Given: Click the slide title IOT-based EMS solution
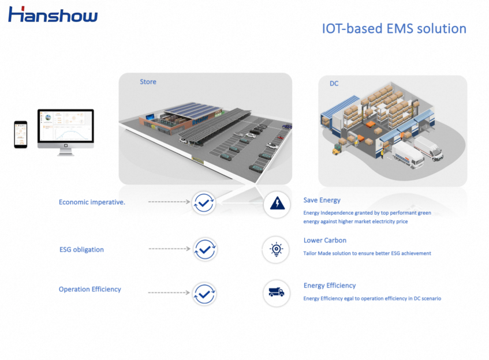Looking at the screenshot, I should pos(394,28).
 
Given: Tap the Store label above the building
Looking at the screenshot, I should pos(148,82).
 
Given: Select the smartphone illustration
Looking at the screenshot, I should pos(21,134).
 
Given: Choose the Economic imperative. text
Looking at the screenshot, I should pos(92,202).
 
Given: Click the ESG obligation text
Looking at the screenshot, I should pos(81,250).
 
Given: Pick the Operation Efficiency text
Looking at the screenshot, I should pos(89,289).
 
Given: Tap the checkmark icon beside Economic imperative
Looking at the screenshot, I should pos(204,202).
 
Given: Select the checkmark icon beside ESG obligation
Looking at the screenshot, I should pos(204,249).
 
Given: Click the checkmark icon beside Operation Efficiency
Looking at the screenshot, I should pos(204,294).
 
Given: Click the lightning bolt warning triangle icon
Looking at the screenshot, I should pos(277,203).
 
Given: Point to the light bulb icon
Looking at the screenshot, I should pos(277,249).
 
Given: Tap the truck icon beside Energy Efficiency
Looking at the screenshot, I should pos(277,292).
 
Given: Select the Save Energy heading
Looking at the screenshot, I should pos(322,200).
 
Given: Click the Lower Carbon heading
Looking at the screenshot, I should pos(324,240).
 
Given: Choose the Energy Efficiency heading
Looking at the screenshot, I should pos(329,285).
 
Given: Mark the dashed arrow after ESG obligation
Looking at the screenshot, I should pos(169,249).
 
